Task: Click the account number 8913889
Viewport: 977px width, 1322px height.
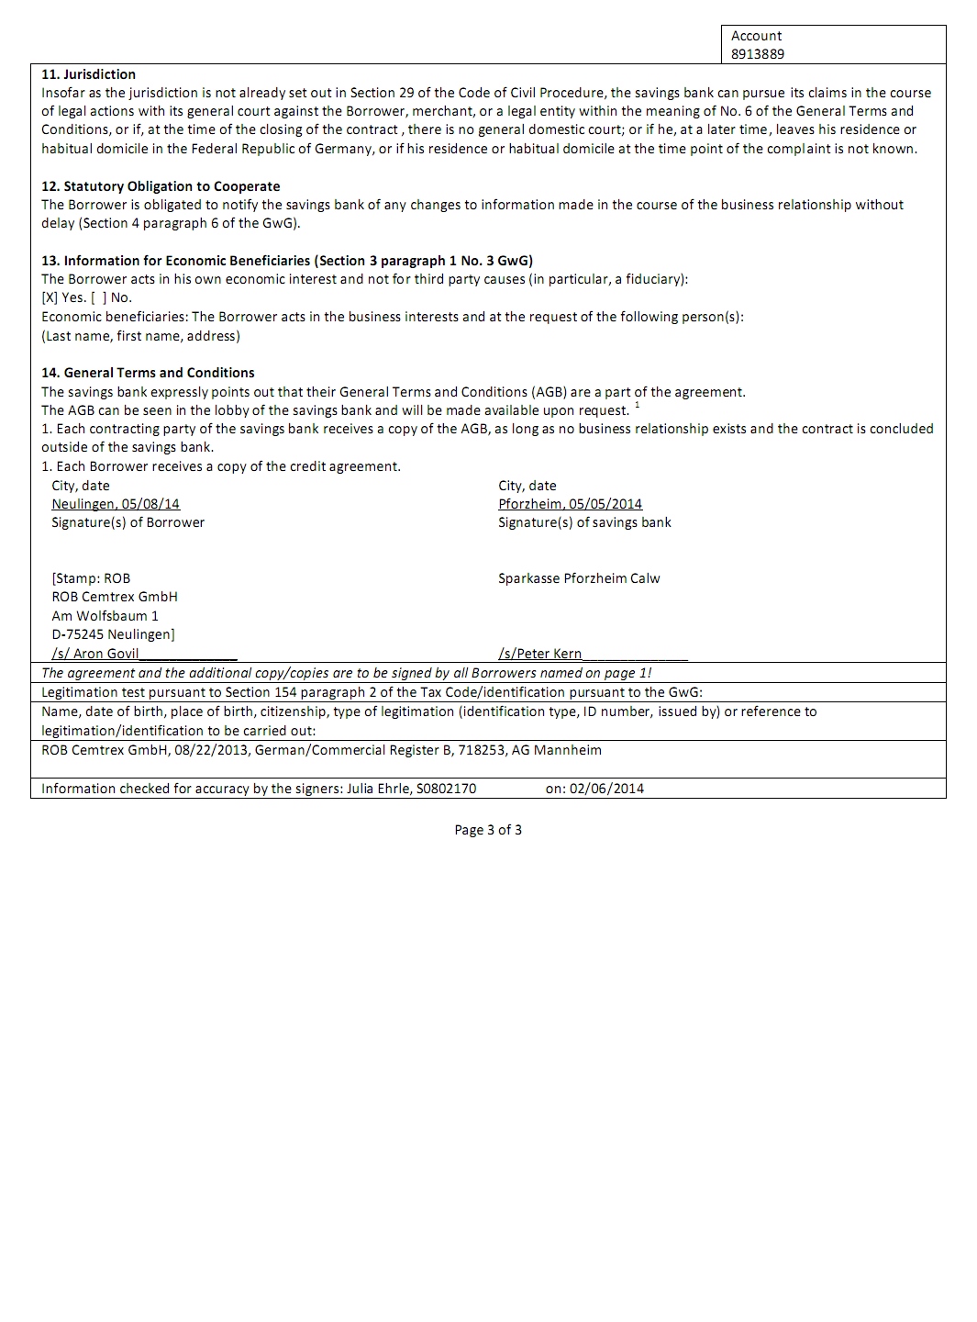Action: tap(757, 54)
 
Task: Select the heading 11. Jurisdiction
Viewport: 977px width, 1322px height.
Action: tap(88, 74)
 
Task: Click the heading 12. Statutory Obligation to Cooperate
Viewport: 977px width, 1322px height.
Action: tap(161, 186)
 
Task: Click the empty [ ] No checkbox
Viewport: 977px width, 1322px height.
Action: tap(98, 297)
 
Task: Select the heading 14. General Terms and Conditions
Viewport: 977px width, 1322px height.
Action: tap(148, 373)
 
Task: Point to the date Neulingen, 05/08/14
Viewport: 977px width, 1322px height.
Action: tap(116, 504)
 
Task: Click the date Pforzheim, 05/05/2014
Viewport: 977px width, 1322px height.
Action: tap(570, 504)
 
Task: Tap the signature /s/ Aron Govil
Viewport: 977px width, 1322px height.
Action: tap(96, 654)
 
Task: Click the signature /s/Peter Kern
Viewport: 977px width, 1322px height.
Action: tap(540, 654)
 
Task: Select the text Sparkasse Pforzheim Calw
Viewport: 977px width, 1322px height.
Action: tap(579, 578)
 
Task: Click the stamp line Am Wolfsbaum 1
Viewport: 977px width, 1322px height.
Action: tap(105, 616)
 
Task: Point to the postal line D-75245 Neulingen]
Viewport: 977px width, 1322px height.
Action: tap(113, 634)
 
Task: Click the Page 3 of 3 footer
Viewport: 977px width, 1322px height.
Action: tap(488, 830)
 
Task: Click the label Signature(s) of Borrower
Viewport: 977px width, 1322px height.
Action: tap(128, 522)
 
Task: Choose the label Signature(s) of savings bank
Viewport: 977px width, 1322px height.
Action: tap(584, 522)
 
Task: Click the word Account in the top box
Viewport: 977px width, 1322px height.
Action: tap(756, 36)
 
